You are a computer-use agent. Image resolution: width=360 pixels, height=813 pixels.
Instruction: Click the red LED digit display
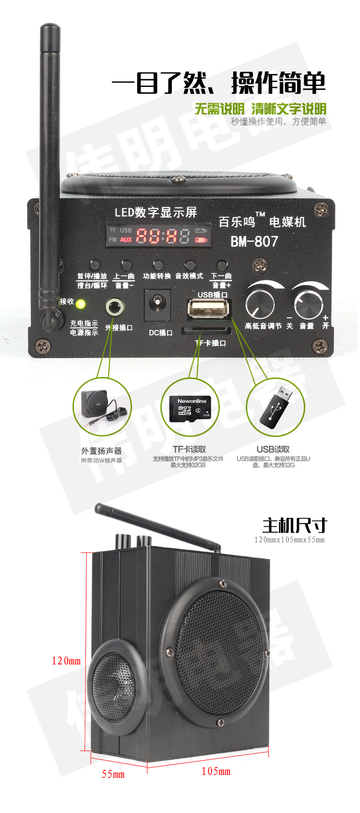tap(163, 235)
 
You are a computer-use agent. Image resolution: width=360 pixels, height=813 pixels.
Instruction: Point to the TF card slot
tap(206, 330)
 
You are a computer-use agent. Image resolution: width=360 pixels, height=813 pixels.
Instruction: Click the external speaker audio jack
tap(115, 306)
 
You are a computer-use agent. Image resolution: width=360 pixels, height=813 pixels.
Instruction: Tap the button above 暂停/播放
tap(94, 265)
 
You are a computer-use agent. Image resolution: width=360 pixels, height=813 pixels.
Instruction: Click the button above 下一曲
tap(221, 265)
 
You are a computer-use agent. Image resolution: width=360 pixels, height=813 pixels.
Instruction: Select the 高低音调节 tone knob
tap(260, 303)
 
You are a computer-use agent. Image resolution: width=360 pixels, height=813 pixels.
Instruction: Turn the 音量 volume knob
tap(308, 303)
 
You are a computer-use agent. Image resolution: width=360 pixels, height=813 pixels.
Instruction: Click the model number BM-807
tap(254, 241)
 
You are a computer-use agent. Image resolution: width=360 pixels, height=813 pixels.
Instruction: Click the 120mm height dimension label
tap(66, 661)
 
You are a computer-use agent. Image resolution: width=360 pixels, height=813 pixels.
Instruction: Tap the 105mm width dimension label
tap(216, 771)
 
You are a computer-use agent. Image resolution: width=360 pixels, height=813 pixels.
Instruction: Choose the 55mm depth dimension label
tap(113, 774)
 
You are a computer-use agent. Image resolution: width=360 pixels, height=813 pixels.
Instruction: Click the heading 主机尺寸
tap(294, 525)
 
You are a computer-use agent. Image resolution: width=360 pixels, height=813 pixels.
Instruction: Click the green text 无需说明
tap(219, 109)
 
